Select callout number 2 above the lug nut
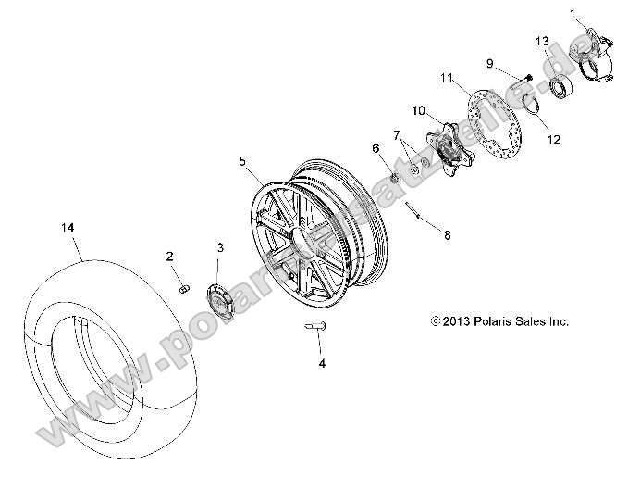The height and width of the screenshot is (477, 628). click(x=170, y=256)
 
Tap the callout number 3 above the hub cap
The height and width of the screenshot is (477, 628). click(x=220, y=247)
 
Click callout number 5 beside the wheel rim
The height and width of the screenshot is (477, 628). click(x=243, y=161)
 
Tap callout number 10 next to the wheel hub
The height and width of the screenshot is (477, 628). click(x=418, y=110)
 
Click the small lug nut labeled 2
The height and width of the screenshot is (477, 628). click(x=182, y=291)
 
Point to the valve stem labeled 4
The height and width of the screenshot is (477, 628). click(x=313, y=324)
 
